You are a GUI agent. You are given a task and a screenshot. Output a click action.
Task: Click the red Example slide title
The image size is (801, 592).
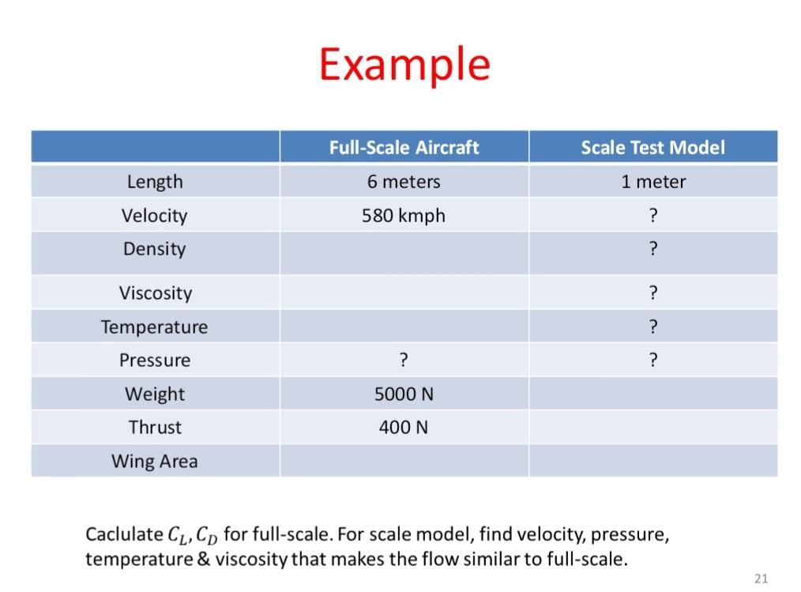(x=404, y=65)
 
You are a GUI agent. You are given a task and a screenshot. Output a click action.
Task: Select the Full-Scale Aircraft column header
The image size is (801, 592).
(x=404, y=148)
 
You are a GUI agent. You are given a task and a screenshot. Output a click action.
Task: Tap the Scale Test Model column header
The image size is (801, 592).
(x=652, y=148)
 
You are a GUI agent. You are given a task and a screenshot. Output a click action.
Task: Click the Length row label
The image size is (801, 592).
(x=155, y=182)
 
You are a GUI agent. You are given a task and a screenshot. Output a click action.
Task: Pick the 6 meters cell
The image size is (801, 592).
(x=404, y=182)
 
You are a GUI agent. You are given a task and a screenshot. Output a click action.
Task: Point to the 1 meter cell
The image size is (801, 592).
(x=653, y=182)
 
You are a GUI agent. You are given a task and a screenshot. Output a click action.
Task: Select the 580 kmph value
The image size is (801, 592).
(x=404, y=216)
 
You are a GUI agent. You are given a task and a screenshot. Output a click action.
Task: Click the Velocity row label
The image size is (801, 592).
(x=155, y=216)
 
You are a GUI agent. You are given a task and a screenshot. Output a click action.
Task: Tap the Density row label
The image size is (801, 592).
(x=155, y=249)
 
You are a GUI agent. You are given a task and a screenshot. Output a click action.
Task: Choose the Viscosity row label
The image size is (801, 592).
(x=156, y=293)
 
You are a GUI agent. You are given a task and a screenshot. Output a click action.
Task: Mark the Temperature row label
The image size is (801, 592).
(x=155, y=327)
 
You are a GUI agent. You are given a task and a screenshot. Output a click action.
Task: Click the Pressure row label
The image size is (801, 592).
(x=155, y=360)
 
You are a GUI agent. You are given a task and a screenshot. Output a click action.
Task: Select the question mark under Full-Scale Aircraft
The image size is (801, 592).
(x=404, y=360)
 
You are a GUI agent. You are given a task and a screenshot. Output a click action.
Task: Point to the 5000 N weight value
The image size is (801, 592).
(x=404, y=394)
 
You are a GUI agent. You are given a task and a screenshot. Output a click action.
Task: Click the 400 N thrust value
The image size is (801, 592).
(x=404, y=428)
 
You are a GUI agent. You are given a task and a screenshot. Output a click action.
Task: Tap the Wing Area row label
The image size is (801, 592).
(x=155, y=462)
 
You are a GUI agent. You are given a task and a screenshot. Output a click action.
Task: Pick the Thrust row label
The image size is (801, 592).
(x=155, y=428)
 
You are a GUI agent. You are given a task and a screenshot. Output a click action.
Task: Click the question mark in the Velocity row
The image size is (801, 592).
(x=653, y=216)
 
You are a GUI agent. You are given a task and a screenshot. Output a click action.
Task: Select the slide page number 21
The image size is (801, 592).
(x=761, y=579)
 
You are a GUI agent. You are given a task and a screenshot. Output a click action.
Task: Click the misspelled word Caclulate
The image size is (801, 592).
(x=123, y=535)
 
